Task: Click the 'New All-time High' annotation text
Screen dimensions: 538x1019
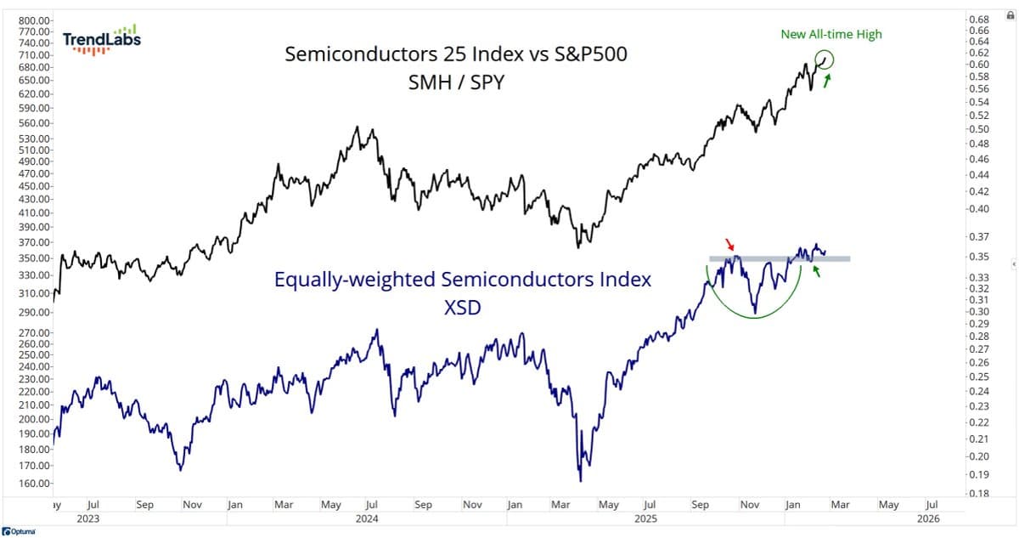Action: (831, 35)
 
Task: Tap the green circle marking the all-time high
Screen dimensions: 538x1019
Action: (824, 59)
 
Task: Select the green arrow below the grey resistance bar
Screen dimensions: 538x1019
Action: (816, 271)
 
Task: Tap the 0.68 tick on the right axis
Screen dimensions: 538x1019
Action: (979, 19)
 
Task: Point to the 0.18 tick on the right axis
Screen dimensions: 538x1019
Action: (979, 493)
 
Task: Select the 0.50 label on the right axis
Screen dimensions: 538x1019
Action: (979, 129)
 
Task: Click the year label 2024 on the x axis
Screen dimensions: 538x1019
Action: (367, 518)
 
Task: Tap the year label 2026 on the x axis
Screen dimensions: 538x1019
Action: (929, 518)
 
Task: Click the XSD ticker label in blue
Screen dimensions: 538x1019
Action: (462, 308)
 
